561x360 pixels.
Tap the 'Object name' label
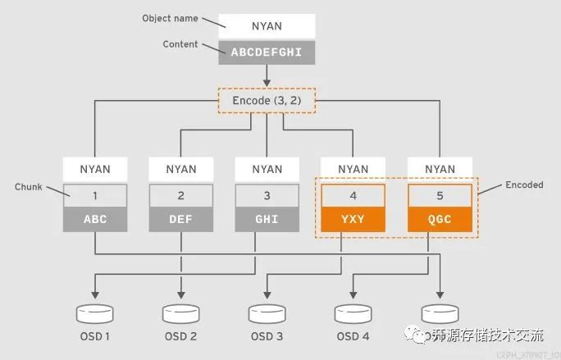(x=170, y=18)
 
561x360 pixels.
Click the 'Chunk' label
(x=29, y=187)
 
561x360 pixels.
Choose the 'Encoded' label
(x=523, y=185)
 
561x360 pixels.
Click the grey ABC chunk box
(x=95, y=220)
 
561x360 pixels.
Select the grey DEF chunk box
(x=181, y=220)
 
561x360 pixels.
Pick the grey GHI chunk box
(x=267, y=220)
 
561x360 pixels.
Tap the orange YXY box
(x=353, y=220)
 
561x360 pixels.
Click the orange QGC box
(x=440, y=220)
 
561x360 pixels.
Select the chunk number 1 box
(x=95, y=196)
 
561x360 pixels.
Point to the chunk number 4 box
(x=353, y=196)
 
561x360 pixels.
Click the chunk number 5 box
(x=440, y=196)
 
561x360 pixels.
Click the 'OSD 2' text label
(x=181, y=336)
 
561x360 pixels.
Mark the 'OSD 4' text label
(x=353, y=336)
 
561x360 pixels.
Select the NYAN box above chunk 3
(x=267, y=170)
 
